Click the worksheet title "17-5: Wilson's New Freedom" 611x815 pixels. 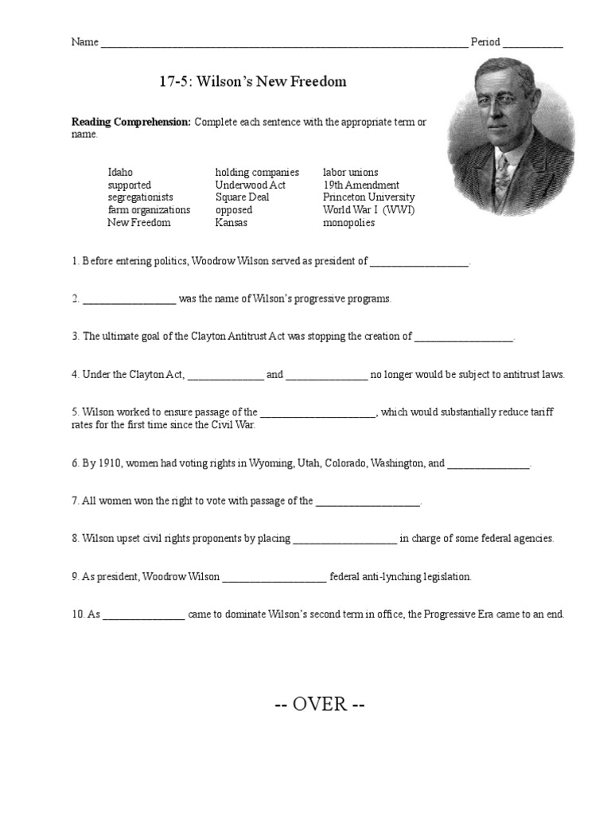tap(249, 82)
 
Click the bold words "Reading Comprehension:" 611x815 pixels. tap(131, 122)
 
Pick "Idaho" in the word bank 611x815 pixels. tap(120, 172)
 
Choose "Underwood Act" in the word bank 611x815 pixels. tap(250, 185)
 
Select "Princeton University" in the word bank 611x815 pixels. tap(368, 197)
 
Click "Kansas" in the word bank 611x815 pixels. tap(231, 223)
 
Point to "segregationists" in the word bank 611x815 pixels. tap(140, 197)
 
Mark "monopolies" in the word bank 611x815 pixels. tap(348, 223)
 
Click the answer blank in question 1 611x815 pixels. tap(419, 263)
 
